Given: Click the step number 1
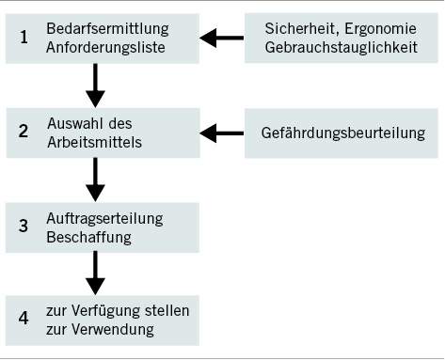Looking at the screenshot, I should pyautogui.click(x=24, y=39).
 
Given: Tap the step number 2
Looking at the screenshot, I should pyautogui.click(x=24, y=133).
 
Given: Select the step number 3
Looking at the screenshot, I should pyautogui.click(x=24, y=227).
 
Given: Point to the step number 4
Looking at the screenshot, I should pyautogui.click(x=24, y=321).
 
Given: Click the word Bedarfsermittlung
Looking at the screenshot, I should pyautogui.click(x=103, y=29).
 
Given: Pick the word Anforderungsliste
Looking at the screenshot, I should pyautogui.click(x=103, y=47).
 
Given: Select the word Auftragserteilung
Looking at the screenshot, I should pyautogui.click(x=104, y=218).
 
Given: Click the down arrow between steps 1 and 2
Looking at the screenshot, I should pyautogui.click(x=95, y=85).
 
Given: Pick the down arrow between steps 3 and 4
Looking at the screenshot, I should pyautogui.click(x=95, y=273).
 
